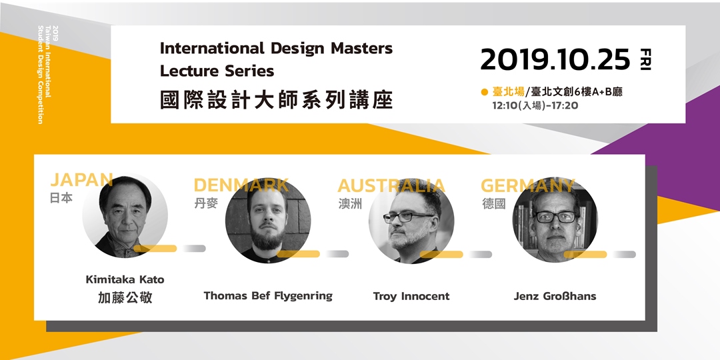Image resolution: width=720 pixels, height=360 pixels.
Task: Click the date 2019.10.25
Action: pyautogui.click(x=555, y=60)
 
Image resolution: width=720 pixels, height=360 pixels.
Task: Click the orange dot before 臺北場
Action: pyautogui.click(x=484, y=92)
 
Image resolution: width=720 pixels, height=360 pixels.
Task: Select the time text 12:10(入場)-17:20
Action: pyautogui.click(x=535, y=105)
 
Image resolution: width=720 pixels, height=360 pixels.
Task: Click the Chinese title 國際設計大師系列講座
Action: pyautogui.click(x=277, y=99)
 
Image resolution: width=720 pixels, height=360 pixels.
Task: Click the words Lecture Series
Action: pyautogui.click(x=217, y=71)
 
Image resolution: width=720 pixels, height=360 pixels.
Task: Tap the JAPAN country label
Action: pyautogui.click(x=82, y=179)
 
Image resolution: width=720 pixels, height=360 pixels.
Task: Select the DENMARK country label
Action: pyautogui.click(x=241, y=185)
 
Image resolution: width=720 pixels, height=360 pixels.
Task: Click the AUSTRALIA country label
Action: pyautogui.click(x=391, y=185)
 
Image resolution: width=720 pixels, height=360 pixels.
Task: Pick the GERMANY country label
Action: pyautogui.click(x=527, y=185)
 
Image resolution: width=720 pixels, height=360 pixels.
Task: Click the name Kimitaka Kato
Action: pyautogui.click(x=125, y=279)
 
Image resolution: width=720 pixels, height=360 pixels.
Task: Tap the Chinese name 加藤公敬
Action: pyautogui.click(x=125, y=298)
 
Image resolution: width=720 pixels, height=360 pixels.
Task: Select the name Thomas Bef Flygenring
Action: pyautogui.click(x=268, y=296)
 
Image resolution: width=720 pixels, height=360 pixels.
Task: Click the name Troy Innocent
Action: pyautogui.click(x=411, y=296)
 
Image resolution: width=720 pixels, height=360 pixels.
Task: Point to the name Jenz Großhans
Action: pyautogui.click(x=555, y=296)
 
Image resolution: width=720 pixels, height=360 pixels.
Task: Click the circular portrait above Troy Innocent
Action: pyautogui.click(x=411, y=221)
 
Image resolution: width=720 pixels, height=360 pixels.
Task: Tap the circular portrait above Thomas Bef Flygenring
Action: pyautogui.click(x=268, y=221)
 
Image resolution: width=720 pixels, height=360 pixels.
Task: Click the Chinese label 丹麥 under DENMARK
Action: pyautogui.click(x=206, y=203)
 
